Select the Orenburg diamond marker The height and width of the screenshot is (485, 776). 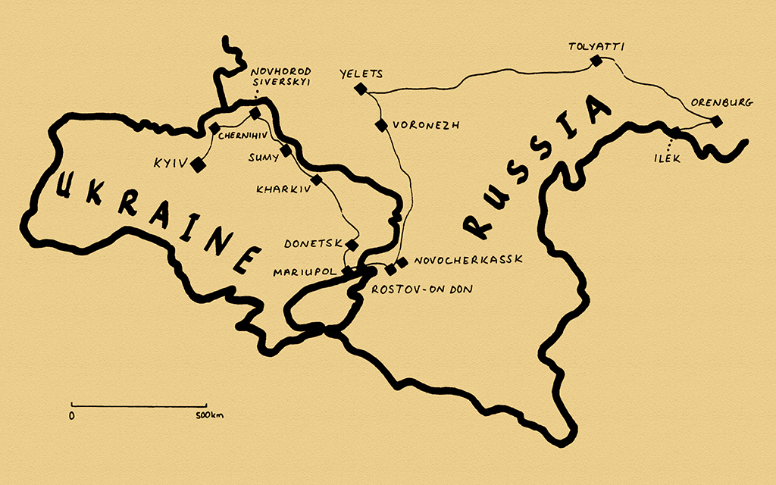click(x=716, y=120)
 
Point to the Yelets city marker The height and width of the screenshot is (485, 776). click(x=361, y=90)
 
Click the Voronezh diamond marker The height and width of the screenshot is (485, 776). click(x=380, y=125)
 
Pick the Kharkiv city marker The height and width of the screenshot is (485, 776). click(x=317, y=180)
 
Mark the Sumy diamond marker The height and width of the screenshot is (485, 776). click(x=286, y=151)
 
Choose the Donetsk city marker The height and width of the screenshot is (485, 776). click(x=352, y=244)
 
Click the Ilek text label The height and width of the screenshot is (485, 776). click(x=669, y=159)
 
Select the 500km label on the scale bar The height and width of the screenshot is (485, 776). click(x=209, y=416)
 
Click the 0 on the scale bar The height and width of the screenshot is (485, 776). click(x=71, y=416)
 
